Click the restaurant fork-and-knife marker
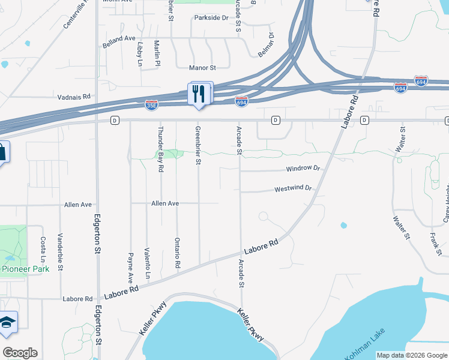(200, 94)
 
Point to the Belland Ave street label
(119, 38)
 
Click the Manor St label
(202, 68)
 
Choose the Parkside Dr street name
(211, 18)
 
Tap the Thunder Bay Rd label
(160, 149)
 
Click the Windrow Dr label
(303, 169)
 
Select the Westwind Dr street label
(293, 188)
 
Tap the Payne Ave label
(130, 267)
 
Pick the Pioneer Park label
(21, 269)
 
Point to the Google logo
(20, 352)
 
